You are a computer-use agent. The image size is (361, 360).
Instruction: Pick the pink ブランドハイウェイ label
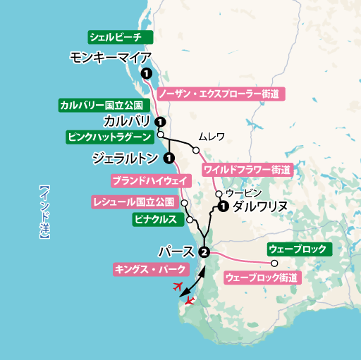(149, 180)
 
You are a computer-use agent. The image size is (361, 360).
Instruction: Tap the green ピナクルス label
(154, 220)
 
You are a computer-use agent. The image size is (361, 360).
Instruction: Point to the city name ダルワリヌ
(259, 206)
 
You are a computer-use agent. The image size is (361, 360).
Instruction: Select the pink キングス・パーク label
(151, 268)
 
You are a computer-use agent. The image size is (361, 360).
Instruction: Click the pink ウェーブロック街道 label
(260, 278)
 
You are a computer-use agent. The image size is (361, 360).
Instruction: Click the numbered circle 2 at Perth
(204, 252)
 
